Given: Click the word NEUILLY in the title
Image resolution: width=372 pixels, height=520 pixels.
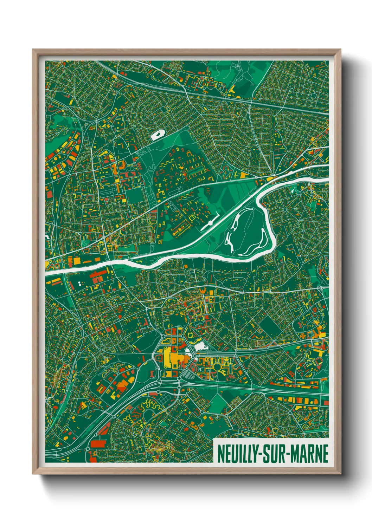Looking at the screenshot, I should point(237,454).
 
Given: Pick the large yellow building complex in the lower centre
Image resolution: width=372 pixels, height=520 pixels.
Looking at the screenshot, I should point(172,358).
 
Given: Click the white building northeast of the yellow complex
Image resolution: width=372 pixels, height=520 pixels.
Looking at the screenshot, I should point(200,346).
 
